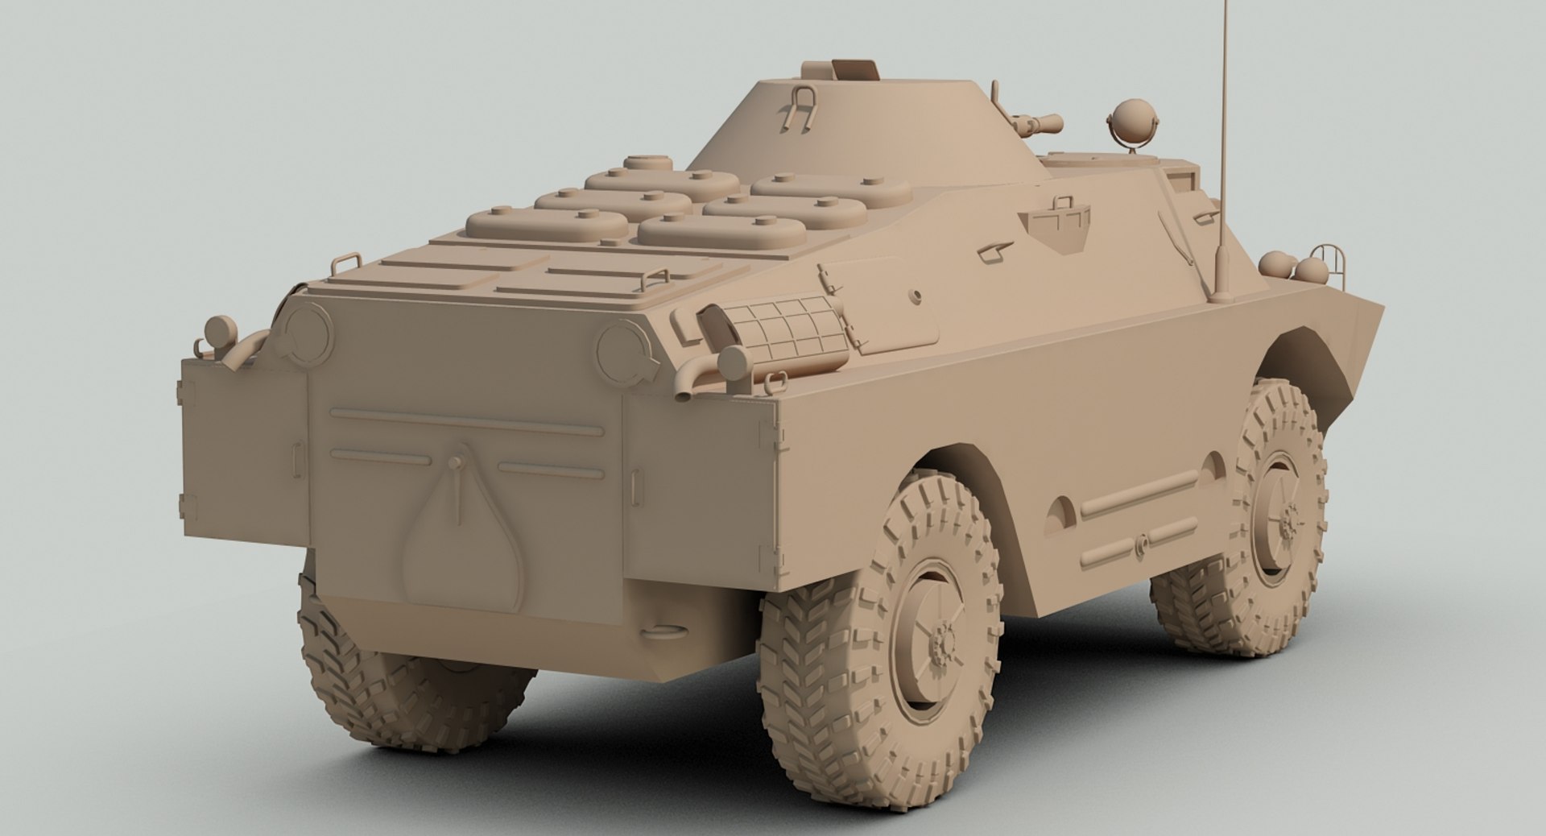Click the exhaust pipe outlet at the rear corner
pyautogui.click(x=684, y=391)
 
